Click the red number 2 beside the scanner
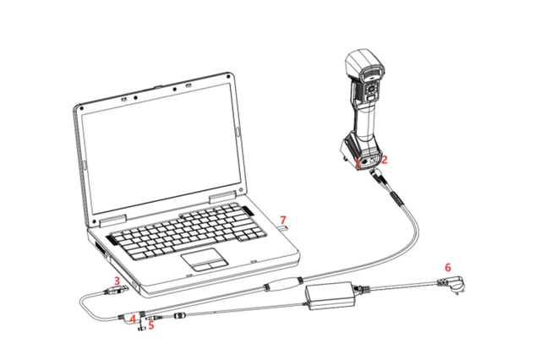pyautogui.click(x=385, y=160)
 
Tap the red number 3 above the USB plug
pyautogui.click(x=117, y=281)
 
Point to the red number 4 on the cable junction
pyautogui.click(x=133, y=319)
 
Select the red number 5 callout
pyautogui.click(x=150, y=325)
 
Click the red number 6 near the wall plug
pyautogui.click(x=448, y=267)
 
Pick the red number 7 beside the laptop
pyautogui.click(x=283, y=220)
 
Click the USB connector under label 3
pyautogui.click(x=115, y=291)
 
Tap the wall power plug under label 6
pyautogui.click(x=452, y=285)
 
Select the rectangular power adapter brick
pyautogui.click(x=330, y=296)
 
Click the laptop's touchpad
pyautogui.click(x=205, y=259)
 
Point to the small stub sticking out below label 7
pyautogui.click(x=283, y=227)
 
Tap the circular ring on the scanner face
pyautogui.click(x=372, y=90)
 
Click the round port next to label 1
pyautogui.click(x=364, y=161)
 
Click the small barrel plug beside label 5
pyautogui.click(x=154, y=316)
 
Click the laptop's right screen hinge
pyautogui.click(x=222, y=197)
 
